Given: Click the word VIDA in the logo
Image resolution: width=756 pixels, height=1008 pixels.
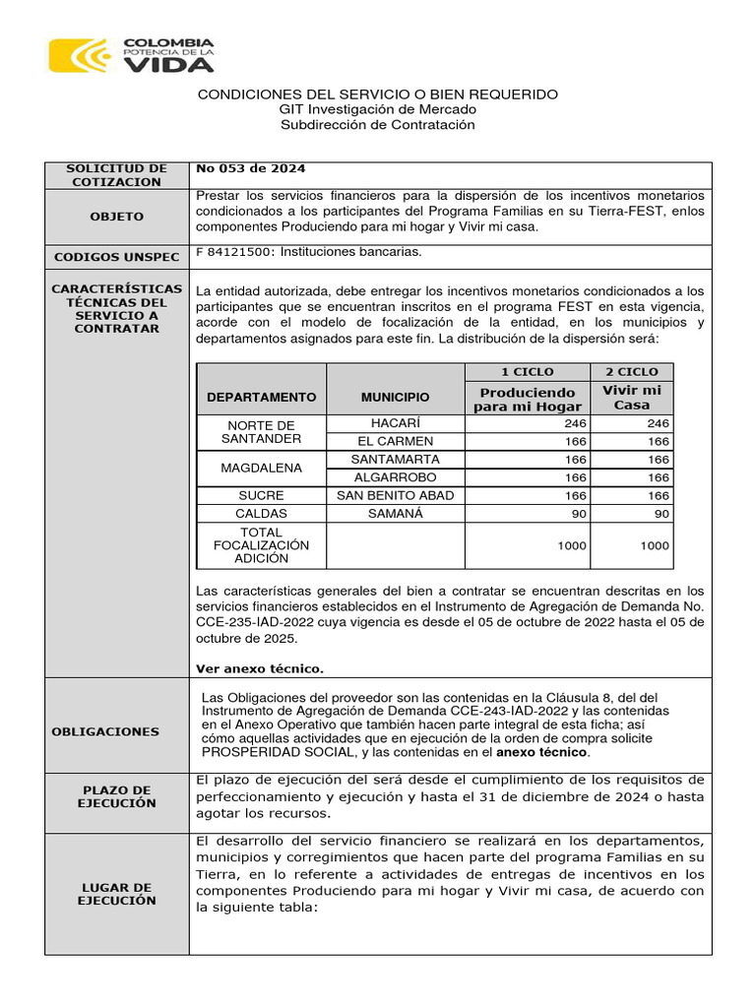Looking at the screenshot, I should tap(167, 64).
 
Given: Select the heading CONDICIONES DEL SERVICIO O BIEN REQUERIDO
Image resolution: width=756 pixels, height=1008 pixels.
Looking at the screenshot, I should tap(378, 94).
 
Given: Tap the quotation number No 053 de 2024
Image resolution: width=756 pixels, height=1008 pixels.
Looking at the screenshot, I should tap(237, 168).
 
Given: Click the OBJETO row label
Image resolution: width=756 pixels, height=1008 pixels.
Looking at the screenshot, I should tap(117, 217).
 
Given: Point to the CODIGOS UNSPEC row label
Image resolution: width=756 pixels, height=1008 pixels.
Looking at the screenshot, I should tap(117, 257).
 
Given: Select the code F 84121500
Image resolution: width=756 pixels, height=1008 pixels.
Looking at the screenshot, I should tap(235, 252).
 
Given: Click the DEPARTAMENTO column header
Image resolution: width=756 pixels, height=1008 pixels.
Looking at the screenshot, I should tap(261, 398).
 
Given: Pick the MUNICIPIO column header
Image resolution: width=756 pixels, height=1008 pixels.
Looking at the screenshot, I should tap(395, 398).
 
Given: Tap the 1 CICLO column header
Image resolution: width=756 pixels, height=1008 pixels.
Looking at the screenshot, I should tap(527, 372).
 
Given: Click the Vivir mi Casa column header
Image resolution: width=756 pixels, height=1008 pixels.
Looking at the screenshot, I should tap(631, 398).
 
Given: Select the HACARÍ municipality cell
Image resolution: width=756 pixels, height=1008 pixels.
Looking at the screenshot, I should tap(395, 423).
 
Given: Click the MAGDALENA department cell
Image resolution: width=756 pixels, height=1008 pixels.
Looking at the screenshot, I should tap(261, 469).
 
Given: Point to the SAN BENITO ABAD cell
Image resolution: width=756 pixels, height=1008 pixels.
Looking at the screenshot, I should tap(395, 495).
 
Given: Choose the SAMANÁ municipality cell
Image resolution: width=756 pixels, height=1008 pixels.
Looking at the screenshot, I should tap(395, 514).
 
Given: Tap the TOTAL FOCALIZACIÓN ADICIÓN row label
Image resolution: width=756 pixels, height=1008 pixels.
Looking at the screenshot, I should tap(261, 545).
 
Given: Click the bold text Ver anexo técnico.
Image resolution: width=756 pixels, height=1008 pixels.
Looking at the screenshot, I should tap(259, 668).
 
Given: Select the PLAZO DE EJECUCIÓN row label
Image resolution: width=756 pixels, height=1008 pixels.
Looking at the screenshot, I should tap(117, 796).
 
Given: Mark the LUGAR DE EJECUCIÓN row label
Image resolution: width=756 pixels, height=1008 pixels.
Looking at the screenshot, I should tap(117, 894).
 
